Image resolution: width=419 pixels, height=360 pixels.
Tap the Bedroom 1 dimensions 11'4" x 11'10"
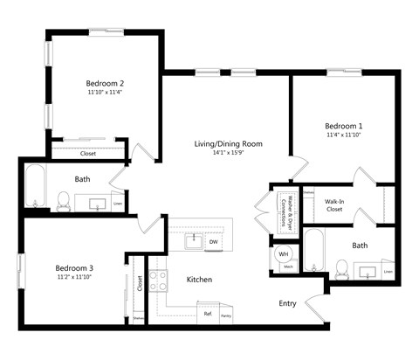coord(343,135)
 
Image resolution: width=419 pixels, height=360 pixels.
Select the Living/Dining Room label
coord(228,143)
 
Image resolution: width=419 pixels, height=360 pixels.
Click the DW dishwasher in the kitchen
coord(213,242)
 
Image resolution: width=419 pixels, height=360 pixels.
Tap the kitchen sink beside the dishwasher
coord(186,242)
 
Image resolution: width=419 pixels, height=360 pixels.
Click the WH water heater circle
coord(283,255)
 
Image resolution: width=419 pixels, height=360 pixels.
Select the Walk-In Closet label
coord(335,204)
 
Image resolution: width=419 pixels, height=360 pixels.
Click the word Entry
coord(287,303)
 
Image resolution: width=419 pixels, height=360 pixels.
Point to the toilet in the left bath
coord(63,200)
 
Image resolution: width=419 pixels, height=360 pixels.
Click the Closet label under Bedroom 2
coord(87,153)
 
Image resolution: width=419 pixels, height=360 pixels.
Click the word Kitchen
coord(200,280)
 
